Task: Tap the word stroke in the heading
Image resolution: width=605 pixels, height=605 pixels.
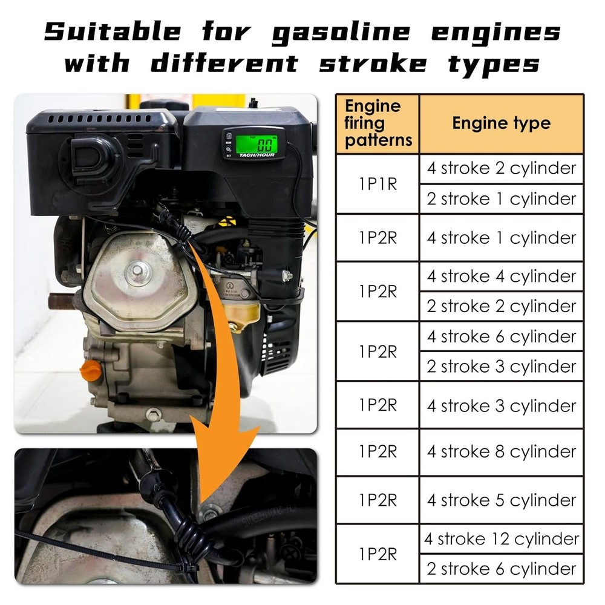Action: click(373, 64)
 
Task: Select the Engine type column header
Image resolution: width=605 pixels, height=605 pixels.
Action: click(501, 123)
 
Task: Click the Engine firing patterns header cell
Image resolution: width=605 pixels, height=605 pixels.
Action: click(378, 123)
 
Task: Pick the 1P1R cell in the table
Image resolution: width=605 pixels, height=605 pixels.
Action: click(378, 184)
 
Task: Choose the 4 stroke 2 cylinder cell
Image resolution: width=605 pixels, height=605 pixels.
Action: click(501, 169)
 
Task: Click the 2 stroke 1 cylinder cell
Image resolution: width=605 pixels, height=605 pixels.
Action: click(501, 199)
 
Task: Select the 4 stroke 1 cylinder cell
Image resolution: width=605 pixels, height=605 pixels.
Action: click(501, 238)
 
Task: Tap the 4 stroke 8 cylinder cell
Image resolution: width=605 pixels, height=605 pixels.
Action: click(501, 452)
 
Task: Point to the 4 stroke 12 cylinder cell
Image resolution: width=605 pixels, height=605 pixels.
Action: click(501, 538)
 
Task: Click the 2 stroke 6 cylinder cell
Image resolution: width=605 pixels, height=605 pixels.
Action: click(501, 569)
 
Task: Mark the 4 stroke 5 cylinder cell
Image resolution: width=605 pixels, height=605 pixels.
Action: click(501, 500)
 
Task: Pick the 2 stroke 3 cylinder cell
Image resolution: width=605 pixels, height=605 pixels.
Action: click(501, 366)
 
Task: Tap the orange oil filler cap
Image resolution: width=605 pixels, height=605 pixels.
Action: click(91, 371)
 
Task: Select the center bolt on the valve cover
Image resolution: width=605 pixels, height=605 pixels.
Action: click(136, 270)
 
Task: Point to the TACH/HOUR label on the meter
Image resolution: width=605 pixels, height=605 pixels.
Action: click(257, 155)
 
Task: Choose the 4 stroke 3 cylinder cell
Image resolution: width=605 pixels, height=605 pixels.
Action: click(501, 405)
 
